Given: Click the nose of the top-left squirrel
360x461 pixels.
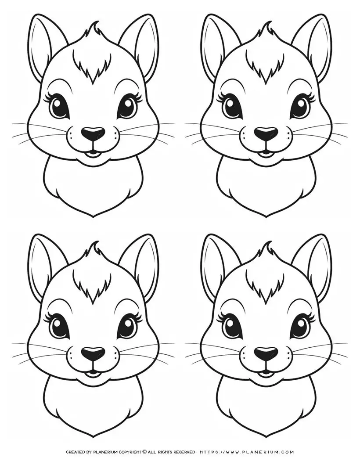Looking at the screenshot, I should point(93,133).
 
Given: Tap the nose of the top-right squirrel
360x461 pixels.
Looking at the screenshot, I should point(266,133).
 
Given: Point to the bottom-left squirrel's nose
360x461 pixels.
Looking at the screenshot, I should point(93,353).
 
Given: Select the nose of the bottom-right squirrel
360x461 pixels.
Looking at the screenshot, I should point(266,353).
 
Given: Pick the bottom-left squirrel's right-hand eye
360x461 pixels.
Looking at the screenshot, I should point(127,326).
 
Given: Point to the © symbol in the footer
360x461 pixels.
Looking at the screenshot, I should point(145,452).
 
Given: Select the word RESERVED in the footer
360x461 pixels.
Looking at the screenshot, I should point(183,452).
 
